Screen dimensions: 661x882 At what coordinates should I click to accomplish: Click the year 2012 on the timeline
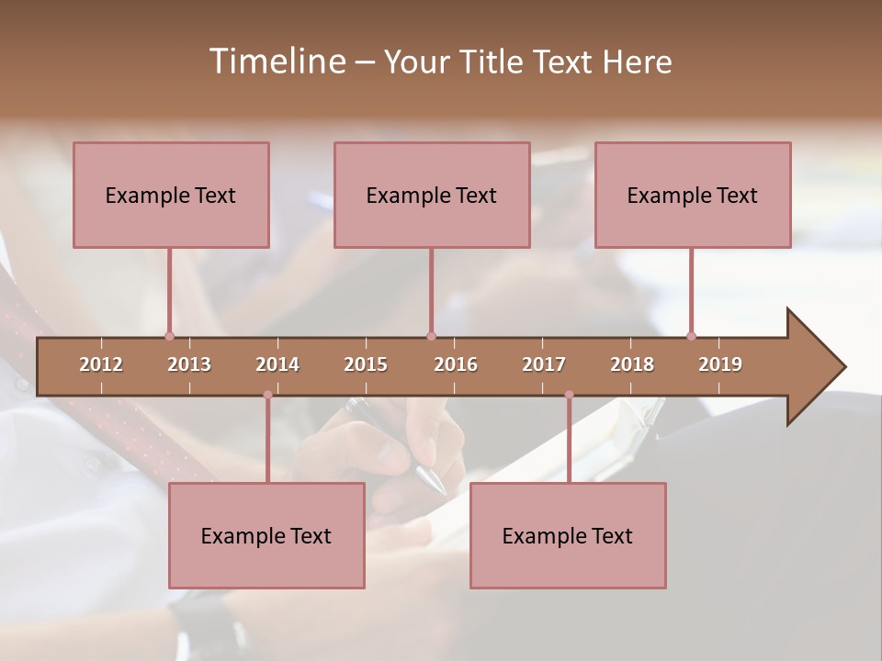click(x=101, y=364)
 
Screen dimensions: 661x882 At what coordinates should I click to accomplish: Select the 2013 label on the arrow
click(x=189, y=364)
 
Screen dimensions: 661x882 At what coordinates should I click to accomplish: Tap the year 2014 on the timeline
click(x=277, y=364)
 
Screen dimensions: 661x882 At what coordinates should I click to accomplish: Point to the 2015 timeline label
click(x=366, y=364)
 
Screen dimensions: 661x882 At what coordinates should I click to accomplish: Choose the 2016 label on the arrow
click(x=456, y=364)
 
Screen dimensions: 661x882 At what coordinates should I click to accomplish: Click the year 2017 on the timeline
click(x=544, y=364)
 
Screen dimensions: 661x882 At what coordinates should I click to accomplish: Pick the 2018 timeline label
click(x=632, y=364)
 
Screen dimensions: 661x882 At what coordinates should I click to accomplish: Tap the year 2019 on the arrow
click(x=720, y=364)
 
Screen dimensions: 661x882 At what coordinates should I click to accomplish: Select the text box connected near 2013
click(x=171, y=195)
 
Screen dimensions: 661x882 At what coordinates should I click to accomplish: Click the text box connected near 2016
click(x=432, y=195)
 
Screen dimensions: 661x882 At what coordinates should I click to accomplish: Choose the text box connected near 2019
click(x=693, y=195)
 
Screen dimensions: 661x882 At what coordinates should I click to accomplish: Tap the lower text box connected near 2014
click(x=266, y=535)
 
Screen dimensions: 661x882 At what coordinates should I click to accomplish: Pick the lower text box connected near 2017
click(x=568, y=535)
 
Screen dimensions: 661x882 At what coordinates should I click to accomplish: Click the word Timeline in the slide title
click(x=276, y=62)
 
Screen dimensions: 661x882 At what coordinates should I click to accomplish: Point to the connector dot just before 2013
click(x=169, y=336)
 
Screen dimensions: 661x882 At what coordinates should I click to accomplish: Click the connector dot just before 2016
click(x=431, y=336)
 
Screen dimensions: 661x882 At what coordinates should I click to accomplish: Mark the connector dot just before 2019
click(x=691, y=336)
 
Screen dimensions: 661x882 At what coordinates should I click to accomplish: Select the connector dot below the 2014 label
click(x=267, y=395)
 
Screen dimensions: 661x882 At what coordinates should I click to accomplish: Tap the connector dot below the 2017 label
click(x=569, y=395)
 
